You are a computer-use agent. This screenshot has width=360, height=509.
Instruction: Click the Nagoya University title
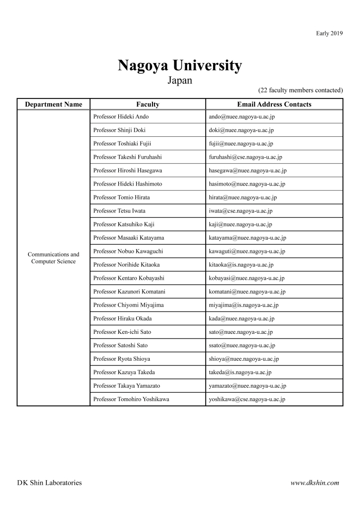180,65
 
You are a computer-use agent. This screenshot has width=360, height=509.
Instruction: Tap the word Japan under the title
180,80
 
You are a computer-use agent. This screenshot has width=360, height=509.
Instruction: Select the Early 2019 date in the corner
329,33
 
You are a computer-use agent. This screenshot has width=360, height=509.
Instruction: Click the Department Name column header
54,104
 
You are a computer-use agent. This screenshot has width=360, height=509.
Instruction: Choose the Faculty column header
147,104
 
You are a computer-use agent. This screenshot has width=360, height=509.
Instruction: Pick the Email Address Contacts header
274,104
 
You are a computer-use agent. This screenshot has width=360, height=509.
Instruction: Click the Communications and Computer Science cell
54,258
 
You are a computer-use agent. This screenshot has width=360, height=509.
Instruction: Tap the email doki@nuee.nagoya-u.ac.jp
241,130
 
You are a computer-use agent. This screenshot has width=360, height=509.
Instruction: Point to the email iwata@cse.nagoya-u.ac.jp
241,211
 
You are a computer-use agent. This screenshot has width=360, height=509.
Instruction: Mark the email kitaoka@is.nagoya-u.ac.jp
241,265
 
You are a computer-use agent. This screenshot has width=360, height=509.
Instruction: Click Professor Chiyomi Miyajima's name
128,305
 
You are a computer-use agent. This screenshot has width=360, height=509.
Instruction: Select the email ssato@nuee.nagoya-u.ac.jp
242,346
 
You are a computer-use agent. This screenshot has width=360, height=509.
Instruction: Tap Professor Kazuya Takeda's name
124,373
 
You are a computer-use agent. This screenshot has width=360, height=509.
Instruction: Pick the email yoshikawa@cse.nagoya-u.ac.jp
247,399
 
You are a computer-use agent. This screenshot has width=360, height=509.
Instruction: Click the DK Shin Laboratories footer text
49,483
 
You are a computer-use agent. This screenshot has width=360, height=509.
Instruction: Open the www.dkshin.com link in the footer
315,483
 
